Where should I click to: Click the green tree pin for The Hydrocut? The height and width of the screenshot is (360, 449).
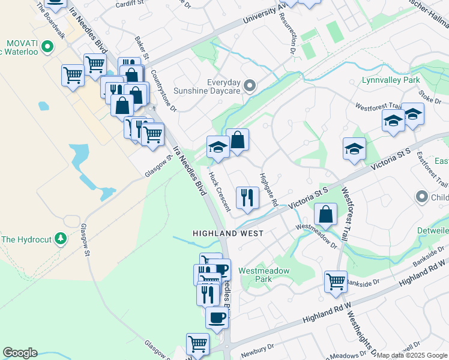tap(60, 239)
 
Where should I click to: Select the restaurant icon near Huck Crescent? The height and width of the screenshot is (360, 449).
tap(247, 197)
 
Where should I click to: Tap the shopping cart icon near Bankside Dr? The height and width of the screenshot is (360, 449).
tap(336, 281)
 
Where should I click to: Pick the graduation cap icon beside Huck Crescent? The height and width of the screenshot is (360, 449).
tap(217, 147)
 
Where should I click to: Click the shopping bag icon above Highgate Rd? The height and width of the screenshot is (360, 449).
tap(238, 140)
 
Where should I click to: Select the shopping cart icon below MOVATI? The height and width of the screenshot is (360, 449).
tap(72, 76)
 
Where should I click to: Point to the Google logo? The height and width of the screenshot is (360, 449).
tap(20, 353)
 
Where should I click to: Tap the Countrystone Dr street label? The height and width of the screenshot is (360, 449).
tap(164, 91)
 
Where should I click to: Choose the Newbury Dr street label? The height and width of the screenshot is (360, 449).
tap(259, 347)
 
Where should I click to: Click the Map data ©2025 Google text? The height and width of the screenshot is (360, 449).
tap(412, 355)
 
